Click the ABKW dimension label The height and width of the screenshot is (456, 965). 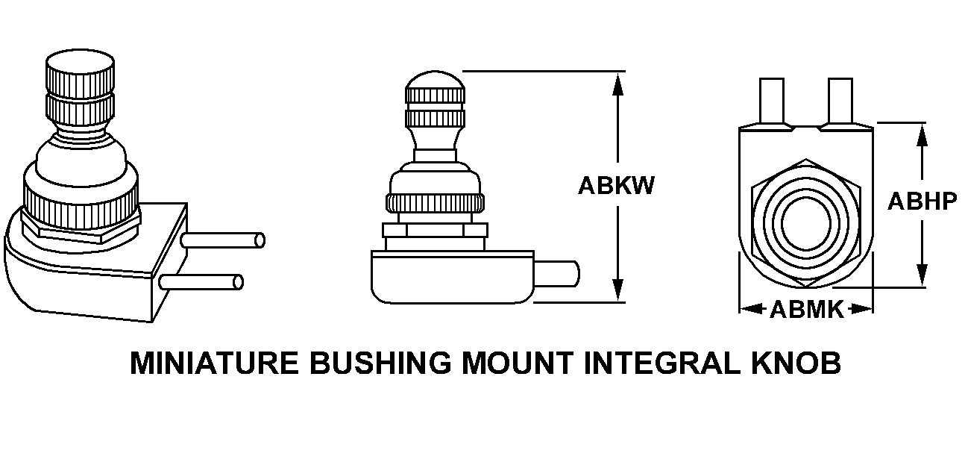point(616,185)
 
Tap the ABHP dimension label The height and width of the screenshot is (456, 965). point(922,202)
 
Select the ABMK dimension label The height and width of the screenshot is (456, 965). point(806,309)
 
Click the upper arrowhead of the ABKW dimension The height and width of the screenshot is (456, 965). point(617,82)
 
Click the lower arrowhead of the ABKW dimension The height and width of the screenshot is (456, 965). point(617,291)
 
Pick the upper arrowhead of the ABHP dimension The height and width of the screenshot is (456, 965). point(922,134)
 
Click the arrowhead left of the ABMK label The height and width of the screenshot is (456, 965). point(749,308)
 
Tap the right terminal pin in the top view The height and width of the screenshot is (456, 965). point(840,101)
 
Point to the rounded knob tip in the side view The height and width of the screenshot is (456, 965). point(434,79)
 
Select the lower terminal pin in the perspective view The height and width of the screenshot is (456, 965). point(201,282)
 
